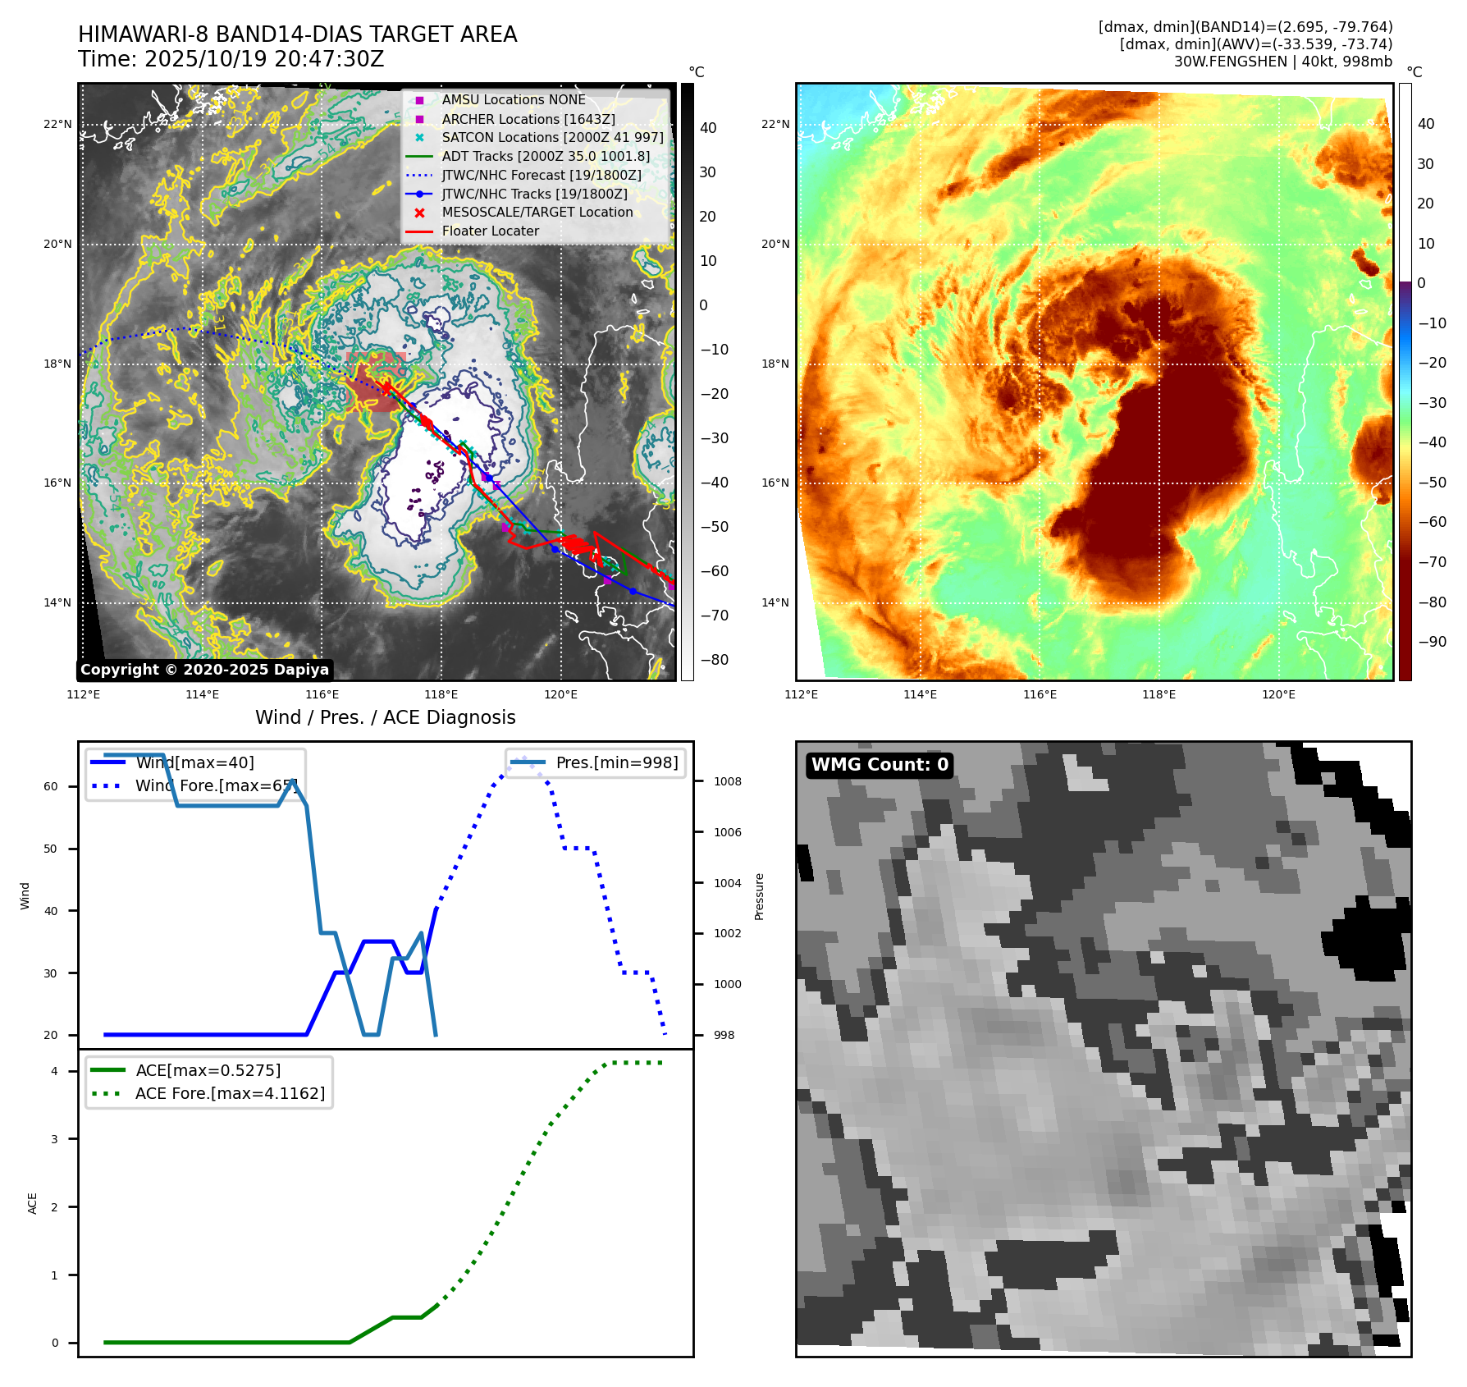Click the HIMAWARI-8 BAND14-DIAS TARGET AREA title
tap(297, 34)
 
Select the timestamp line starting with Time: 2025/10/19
tap(231, 59)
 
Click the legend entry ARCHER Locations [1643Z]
tap(528, 119)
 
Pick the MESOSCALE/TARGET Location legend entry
tap(537, 213)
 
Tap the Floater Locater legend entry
tap(490, 231)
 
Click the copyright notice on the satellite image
tap(204, 670)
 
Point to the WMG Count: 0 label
tap(880, 765)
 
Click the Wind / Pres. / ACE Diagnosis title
tap(385, 717)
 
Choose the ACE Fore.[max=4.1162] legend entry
tap(230, 1093)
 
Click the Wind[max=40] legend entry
tap(194, 762)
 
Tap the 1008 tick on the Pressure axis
tap(727, 781)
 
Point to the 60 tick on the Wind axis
tap(51, 786)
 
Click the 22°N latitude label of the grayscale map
tap(57, 125)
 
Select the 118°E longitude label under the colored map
tap(1159, 694)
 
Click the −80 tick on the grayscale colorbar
tap(714, 660)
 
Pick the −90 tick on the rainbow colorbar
tap(1432, 642)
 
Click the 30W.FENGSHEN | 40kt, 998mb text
tap(1282, 62)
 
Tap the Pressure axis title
tap(759, 896)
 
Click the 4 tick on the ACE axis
tap(55, 1071)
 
